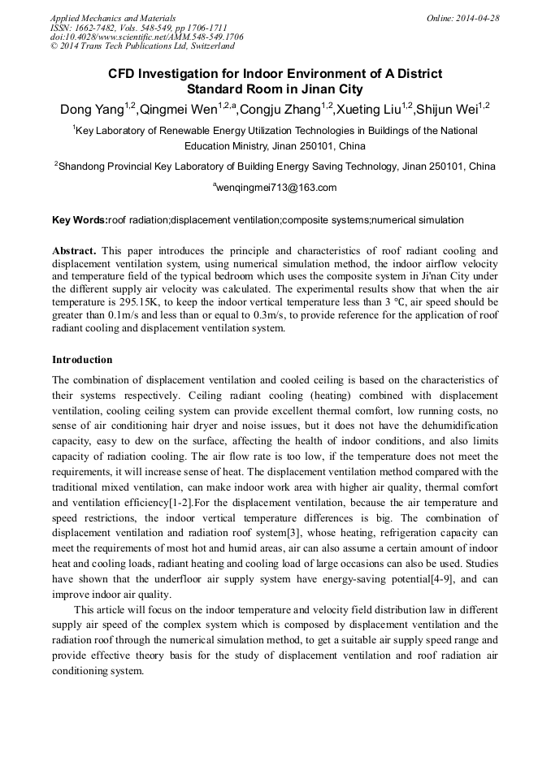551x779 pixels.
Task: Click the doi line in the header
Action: (146, 37)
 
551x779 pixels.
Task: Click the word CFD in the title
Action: (124, 74)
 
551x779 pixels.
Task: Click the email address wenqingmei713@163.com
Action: (276, 188)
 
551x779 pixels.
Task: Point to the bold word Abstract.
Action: (76, 251)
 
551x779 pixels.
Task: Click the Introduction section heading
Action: (82, 360)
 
